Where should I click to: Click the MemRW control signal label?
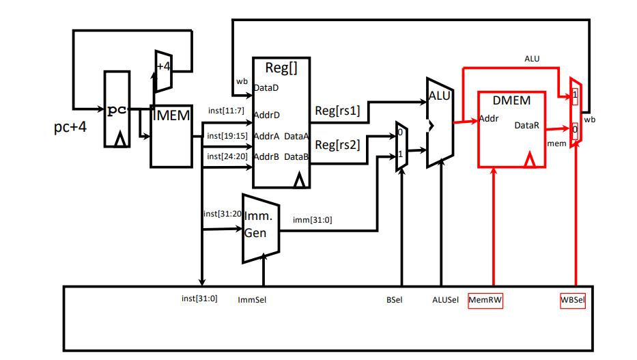coord(485,301)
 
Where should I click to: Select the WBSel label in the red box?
coord(573,301)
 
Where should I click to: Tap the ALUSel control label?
coord(445,300)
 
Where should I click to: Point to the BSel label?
coord(394,300)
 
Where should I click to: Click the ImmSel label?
coord(252,300)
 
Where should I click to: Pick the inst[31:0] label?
coord(199,299)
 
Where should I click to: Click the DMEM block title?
coord(511,100)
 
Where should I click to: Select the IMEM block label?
coord(171,115)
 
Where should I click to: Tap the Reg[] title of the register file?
coord(281,68)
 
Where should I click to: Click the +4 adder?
coord(163,72)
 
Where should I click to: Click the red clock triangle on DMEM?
coord(529,160)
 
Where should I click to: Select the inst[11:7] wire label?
coord(226,111)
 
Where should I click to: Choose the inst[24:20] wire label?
coord(227,156)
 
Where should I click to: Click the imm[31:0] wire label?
coord(313,220)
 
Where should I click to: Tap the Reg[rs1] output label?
coord(337,111)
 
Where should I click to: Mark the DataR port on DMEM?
coord(527,126)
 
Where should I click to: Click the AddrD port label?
coord(266,115)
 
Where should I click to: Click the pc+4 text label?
coord(70,127)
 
